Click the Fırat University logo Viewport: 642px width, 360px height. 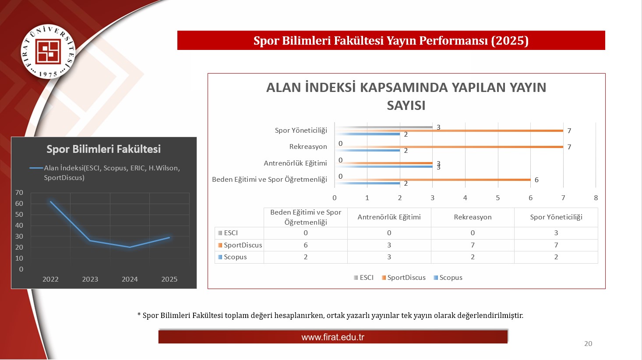48,52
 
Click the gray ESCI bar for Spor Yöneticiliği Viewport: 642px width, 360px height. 384,127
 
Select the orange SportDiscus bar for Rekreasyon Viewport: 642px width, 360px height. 449,147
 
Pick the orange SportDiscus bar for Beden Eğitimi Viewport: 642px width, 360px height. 433,180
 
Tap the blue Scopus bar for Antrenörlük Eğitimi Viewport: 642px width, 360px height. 384,166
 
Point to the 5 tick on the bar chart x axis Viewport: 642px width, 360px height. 498,198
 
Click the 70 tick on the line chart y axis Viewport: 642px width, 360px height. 19,192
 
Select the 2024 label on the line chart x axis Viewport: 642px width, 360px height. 130,279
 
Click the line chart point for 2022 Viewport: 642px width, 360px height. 51,201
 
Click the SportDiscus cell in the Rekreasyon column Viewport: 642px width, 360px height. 473,245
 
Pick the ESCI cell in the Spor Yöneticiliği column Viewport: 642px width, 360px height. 556,233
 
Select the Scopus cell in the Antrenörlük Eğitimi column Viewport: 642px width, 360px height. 389,257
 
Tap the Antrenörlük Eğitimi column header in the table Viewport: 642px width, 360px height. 389,217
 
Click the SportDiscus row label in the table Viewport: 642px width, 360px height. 243,245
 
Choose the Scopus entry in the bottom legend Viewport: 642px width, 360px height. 451,278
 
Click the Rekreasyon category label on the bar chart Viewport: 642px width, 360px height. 308,146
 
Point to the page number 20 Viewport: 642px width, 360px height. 588,344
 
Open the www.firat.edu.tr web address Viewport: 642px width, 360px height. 333,337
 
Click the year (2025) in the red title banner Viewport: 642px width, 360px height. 510,40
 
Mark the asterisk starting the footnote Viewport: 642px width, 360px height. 139,314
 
